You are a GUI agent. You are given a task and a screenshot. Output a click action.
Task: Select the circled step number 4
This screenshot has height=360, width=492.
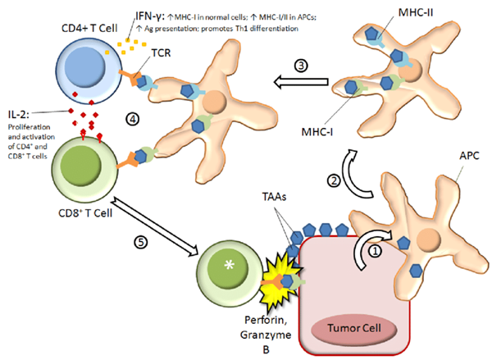(x=130, y=119)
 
